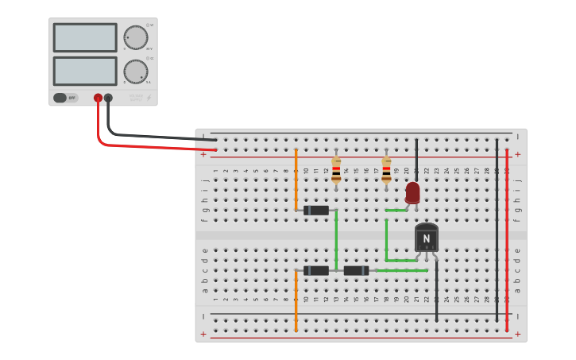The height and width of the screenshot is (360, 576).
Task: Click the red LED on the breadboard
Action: coord(412,192)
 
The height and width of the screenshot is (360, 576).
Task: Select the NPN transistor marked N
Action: coord(426,238)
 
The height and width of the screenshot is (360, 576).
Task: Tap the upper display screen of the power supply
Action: coord(85,37)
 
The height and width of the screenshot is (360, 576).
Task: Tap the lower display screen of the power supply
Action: coord(85,71)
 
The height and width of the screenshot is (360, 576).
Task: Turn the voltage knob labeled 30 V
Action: coord(135,37)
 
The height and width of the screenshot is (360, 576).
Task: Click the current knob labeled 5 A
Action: coord(135,72)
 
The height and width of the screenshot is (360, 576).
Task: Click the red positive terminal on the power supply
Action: coord(98,98)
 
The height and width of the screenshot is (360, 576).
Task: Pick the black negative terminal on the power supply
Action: coord(108,98)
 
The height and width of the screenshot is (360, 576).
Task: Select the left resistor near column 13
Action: coord(336,169)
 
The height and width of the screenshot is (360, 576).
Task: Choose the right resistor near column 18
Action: coord(386,169)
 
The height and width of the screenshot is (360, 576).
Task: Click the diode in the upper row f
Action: coord(316,211)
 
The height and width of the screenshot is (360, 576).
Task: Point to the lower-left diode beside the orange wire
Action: coord(316,270)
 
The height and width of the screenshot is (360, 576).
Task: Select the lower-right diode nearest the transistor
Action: coord(356,270)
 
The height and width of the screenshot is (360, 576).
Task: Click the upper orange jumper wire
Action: coord(296,179)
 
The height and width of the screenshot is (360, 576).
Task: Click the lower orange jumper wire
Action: coord(296,300)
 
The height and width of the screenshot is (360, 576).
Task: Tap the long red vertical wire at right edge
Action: coord(507,238)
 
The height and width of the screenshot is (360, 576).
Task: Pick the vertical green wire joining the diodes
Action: coord(336,240)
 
